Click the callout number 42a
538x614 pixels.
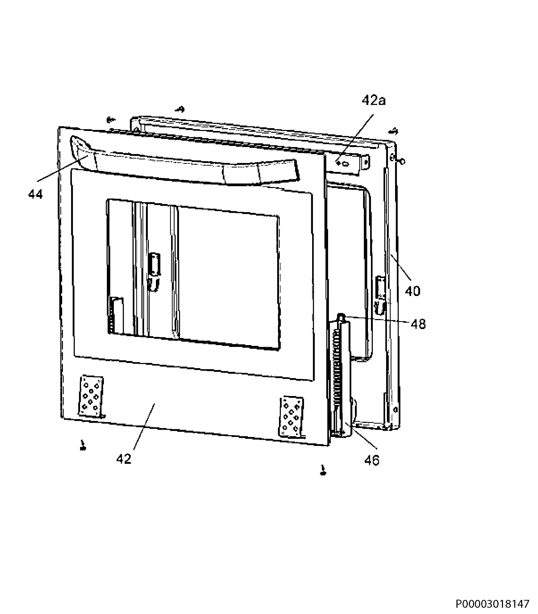[x=374, y=100]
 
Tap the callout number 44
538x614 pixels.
[x=36, y=195]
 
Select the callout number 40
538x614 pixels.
[x=412, y=291]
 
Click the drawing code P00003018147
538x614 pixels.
[x=493, y=604]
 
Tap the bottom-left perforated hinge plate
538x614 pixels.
[x=91, y=396]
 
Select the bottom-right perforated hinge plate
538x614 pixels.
[x=291, y=418]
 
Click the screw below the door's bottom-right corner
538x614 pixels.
[x=323, y=470]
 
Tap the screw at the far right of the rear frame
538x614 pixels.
[x=402, y=162]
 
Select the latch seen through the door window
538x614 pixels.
[x=154, y=272]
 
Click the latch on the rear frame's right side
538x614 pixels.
[x=380, y=295]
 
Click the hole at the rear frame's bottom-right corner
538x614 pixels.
[x=395, y=409]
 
